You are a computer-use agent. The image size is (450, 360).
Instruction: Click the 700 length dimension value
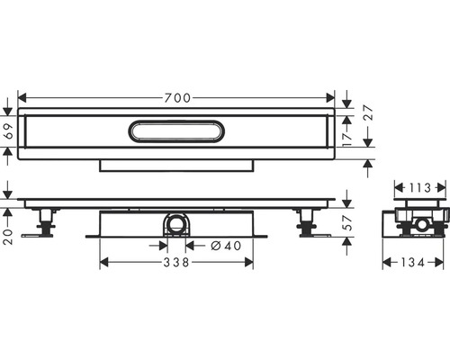pyautogui.click(x=177, y=98)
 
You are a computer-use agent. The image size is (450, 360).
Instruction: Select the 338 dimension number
pyautogui.click(x=176, y=263)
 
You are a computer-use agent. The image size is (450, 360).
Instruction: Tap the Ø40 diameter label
pyautogui.click(x=226, y=246)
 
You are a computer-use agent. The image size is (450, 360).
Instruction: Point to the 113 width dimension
pyautogui.click(x=419, y=188)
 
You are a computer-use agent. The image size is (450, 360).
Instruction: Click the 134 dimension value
pyautogui.click(x=412, y=263)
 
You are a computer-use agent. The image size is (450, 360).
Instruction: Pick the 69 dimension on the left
pyautogui.click(x=10, y=131)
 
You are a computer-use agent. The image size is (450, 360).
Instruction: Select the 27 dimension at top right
pyautogui.click(x=368, y=112)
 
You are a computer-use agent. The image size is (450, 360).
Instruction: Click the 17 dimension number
pyautogui.click(x=347, y=139)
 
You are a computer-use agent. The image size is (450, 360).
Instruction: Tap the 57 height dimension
pyautogui.click(x=347, y=222)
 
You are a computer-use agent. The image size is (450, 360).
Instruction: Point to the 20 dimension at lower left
pyautogui.click(x=8, y=237)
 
